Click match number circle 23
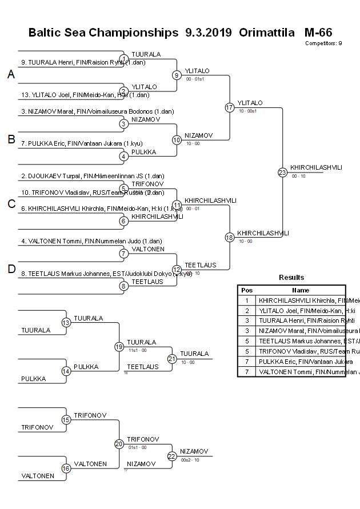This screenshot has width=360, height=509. (282, 172)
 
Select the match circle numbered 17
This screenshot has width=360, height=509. (230, 107)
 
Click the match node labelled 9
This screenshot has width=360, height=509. (177, 75)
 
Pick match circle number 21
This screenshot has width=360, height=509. (172, 359)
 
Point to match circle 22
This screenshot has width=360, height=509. (172, 456)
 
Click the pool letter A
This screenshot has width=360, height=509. (11, 74)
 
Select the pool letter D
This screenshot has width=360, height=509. (11, 270)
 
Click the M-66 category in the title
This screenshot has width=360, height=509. (318, 33)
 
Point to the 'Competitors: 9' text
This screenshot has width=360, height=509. (323, 43)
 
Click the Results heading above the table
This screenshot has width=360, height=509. (291, 278)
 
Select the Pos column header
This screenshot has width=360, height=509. (246, 290)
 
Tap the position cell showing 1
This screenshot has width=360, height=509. (246, 300)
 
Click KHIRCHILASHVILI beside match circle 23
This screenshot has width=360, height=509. (316, 167)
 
